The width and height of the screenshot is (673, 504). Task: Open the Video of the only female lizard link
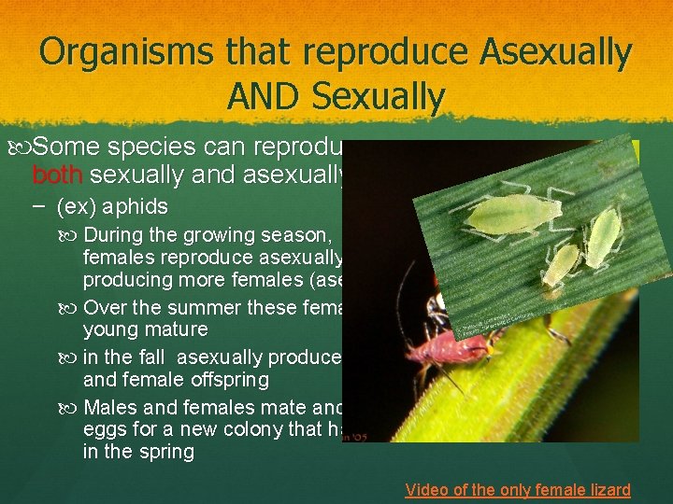tap(518, 489)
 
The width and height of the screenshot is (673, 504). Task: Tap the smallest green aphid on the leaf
tap(561, 265)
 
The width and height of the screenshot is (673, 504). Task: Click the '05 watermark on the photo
tap(359, 434)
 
